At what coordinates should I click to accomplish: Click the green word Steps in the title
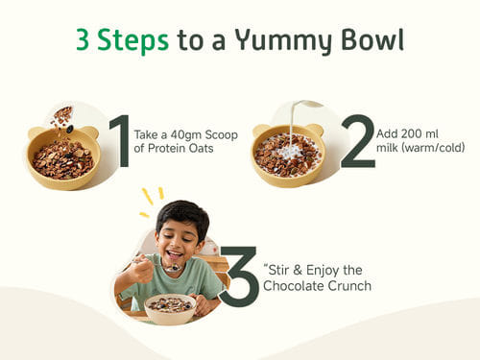[x=132, y=40]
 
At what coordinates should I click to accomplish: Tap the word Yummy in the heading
[x=284, y=41]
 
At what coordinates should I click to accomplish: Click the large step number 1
[x=120, y=141]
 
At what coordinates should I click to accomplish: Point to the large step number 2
[x=358, y=141]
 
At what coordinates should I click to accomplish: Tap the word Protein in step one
[x=167, y=149]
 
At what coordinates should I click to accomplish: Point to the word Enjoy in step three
[x=323, y=271]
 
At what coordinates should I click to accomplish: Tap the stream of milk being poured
[x=293, y=123]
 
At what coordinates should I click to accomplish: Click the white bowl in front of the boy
[x=170, y=309]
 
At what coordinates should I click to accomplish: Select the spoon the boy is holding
[x=160, y=264]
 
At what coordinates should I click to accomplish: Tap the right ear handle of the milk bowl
[x=315, y=130]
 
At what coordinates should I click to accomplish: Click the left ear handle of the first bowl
[x=36, y=133]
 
